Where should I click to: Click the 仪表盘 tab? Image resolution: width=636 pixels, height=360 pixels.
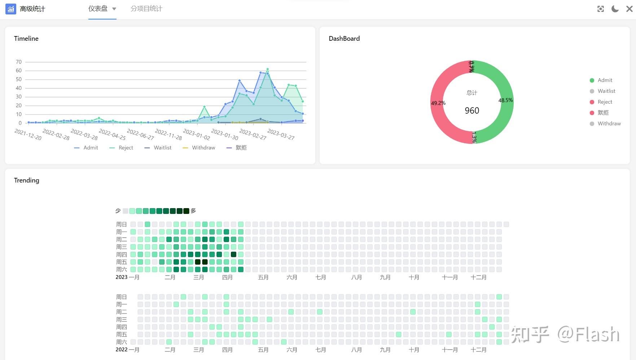point(98,9)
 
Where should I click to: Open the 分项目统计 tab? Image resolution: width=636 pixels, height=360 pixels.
point(146,9)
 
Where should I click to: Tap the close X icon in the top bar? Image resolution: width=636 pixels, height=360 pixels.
point(629,9)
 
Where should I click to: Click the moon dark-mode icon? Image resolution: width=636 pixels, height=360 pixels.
point(615,9)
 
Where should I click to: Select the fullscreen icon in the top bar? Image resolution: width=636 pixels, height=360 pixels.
point(601,9)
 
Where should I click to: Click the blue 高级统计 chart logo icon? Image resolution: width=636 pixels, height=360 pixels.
point(11,9)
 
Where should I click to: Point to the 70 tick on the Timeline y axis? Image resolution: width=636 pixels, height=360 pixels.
point(19,62)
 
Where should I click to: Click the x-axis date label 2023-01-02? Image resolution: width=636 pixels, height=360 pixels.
point(197,135)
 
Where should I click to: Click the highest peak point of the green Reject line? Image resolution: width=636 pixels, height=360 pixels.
point(267,69)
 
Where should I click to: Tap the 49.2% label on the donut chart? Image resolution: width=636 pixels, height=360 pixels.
point(438,103)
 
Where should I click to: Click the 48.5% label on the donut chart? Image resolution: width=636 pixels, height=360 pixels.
point(505,100)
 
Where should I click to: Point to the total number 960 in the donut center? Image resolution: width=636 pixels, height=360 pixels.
point(472,111)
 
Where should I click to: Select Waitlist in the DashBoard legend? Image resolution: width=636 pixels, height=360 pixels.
point(606,91)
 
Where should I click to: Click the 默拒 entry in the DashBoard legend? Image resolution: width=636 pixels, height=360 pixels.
point(603,113)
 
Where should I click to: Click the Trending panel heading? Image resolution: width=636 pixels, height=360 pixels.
point(26,180)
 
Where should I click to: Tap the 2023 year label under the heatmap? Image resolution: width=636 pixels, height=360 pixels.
point(122,277)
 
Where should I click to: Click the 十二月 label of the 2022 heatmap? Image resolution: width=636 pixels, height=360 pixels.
point(478,350)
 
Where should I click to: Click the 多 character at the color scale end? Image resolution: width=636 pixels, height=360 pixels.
point(193,211)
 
